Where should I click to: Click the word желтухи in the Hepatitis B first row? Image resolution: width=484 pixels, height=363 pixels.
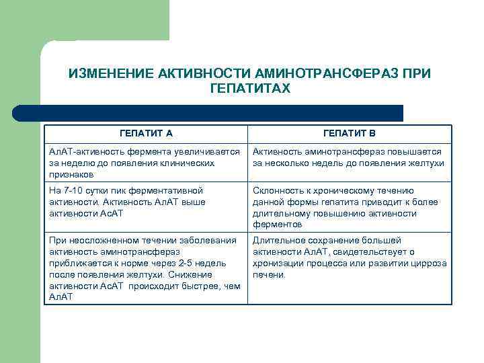tap(428, 163)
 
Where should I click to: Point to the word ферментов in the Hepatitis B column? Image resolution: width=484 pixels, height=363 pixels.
tap(274, 225)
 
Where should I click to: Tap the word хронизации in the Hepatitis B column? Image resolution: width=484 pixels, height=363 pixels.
tap(276, 263)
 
